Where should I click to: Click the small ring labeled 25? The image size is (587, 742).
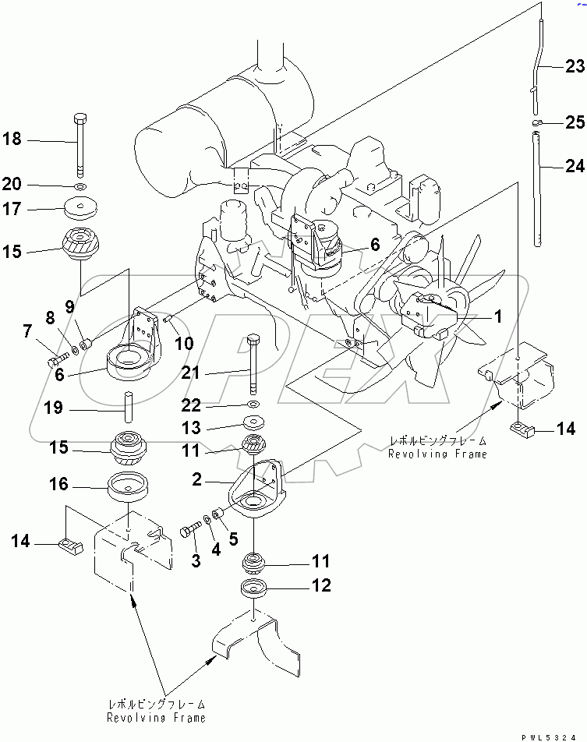pyautogui.click(x=536, y=122)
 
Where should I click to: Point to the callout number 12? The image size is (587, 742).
pyautogui.click(x=321, y=585)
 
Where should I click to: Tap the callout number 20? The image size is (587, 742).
pyautogui.click(x=12, y=185)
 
